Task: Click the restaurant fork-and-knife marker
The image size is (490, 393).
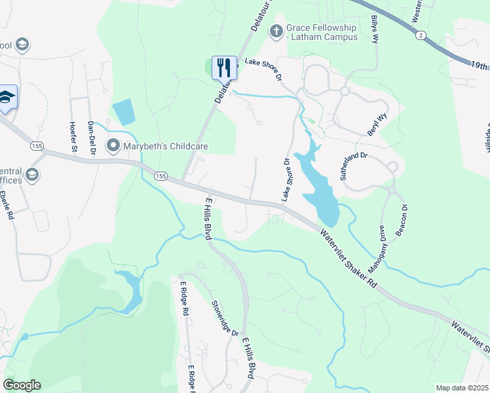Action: point(224,67)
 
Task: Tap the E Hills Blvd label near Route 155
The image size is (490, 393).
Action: point(209,217)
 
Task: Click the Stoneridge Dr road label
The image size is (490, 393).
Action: point(224,318)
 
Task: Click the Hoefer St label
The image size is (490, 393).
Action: point(73,136)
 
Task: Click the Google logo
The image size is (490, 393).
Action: point(22,384)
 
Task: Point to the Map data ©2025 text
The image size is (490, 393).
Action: point(461,388)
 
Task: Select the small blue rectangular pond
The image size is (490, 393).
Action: point(123,112)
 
